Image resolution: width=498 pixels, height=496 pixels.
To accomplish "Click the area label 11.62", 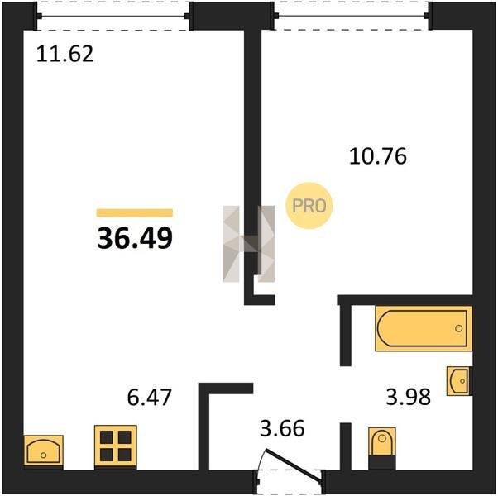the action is [x=65, y=54].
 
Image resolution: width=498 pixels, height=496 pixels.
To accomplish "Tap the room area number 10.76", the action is [x=378, y=156].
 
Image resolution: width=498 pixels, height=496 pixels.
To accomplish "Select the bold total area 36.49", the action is [x=135, y=238].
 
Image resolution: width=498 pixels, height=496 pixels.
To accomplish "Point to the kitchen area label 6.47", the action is [x=149, y=398].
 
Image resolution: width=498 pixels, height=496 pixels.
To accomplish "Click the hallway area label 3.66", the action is [x=282, y=428].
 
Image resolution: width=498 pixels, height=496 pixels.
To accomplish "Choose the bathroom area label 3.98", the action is [x=409, y=397].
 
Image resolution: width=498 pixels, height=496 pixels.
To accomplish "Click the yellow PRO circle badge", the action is [x=309, y=206].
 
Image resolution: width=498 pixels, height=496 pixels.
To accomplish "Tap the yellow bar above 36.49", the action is [x=135, y=212].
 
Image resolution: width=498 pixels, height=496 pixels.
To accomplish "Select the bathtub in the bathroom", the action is [x=423, y=328].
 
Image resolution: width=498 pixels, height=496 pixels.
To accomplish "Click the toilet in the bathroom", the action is [x=382, y=448].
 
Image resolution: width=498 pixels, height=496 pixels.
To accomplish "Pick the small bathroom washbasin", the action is [x=459, y=381].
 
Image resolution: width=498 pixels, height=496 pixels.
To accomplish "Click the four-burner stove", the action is [x=116, y=446].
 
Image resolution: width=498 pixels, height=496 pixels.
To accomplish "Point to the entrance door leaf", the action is [x=294, y=466].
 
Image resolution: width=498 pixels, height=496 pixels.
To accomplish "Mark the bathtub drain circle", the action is [x=458, y=328].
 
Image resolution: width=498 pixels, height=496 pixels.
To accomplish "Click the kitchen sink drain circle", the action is [x=44, y=455].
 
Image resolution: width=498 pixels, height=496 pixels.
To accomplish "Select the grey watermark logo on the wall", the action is [x=249, y=244].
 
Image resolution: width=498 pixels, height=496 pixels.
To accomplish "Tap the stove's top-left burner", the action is [x=107, y=437].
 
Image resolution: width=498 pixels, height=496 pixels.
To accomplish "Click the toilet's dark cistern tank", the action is [x=382, y=462].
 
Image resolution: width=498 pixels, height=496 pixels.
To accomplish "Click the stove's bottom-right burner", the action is [x=124, y=455].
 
